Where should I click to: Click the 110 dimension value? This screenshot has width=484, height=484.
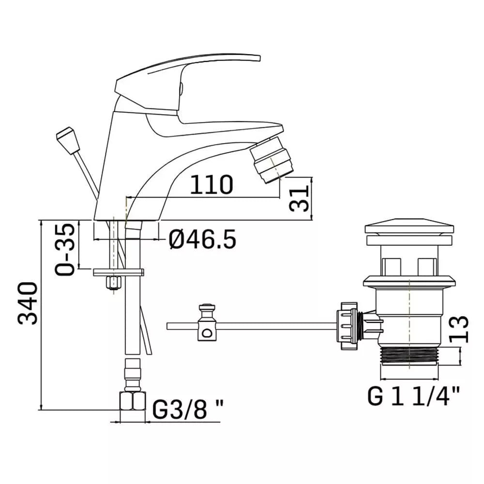(x=212, y=184)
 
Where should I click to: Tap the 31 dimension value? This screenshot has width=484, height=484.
(x=299, y=198)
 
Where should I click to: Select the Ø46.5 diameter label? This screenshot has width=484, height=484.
(x=202, y=239)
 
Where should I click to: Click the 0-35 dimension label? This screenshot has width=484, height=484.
(x=65, y=249)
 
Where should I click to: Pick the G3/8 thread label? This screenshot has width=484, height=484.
(x=188, y=409)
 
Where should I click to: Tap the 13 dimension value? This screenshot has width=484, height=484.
(x=459, y=329)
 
